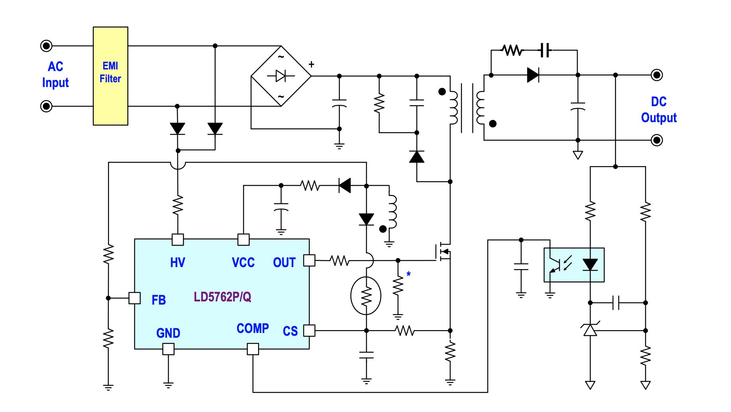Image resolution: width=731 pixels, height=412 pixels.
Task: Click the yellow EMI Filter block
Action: (x=110, y=76)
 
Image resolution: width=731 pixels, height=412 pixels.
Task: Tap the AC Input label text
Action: (x=55, y=74)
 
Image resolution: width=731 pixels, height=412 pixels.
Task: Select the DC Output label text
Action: (x=659, y=109)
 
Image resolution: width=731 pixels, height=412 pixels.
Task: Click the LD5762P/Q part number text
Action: (x=222, y=297)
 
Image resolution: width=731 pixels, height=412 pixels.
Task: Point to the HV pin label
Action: (x=177, y=262)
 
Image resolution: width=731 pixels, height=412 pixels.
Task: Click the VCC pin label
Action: (x=243, y=262)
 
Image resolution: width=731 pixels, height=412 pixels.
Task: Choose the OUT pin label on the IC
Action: (x=284, y=262)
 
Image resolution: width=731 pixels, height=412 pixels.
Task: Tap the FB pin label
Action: (x=159, y=300)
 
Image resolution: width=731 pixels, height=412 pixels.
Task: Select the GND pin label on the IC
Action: (x=168, y=333)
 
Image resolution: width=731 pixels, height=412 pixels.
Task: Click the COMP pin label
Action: (x=253, y=328)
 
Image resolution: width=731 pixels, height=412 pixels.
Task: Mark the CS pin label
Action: (x=290, y=331)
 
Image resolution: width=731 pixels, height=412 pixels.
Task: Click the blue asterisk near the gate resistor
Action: (x=409, y=274)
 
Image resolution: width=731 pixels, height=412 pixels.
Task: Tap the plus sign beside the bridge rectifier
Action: (x=311, y=64)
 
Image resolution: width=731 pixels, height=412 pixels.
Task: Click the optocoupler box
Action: (x=574, y=265)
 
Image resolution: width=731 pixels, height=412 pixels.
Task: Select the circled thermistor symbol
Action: (x=366, y=296)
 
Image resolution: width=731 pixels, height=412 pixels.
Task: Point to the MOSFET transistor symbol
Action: (x=443, y=252)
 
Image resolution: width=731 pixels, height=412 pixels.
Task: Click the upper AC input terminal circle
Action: (x=46, y=46)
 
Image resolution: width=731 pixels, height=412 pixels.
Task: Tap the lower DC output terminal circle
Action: (x=657, y=140)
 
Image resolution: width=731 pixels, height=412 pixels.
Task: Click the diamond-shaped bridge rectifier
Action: (x=281, y=76)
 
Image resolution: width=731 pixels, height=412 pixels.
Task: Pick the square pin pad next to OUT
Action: (x=309, y=260)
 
